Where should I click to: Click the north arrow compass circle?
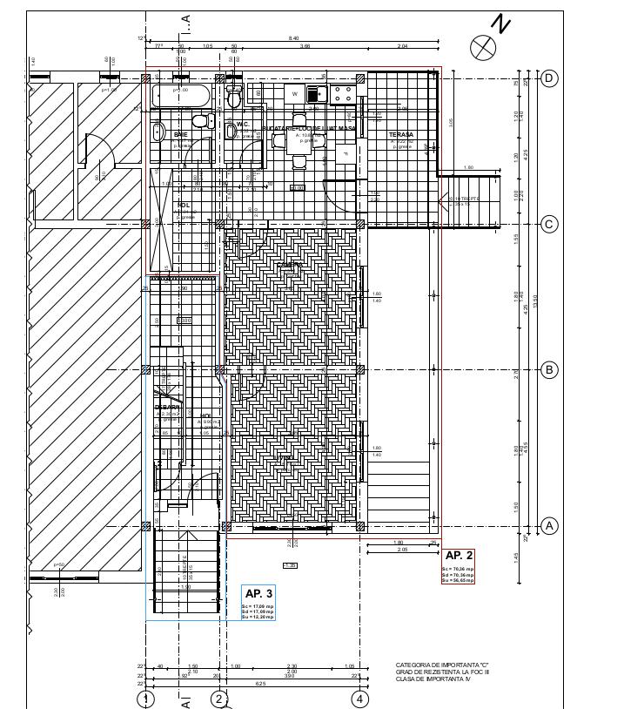coord(483,47)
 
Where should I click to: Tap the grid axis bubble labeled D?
coord(549,78)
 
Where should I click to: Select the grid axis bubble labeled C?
coord(549,224)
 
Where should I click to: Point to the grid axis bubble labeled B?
coord(549,370)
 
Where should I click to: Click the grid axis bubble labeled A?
coord(549,526)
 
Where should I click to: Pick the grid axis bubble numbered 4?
coord(360,699)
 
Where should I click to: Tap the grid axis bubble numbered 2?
coord(219,699)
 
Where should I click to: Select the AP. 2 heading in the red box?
coord(459,556)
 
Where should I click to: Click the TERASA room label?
coord(401,134)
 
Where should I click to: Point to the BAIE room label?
coord(181,135)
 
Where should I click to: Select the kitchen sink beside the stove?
coord(314,94)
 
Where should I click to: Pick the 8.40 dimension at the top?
coord(293,38)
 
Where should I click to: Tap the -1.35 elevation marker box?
coord(291,565)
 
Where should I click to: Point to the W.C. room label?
coord(244,124)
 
